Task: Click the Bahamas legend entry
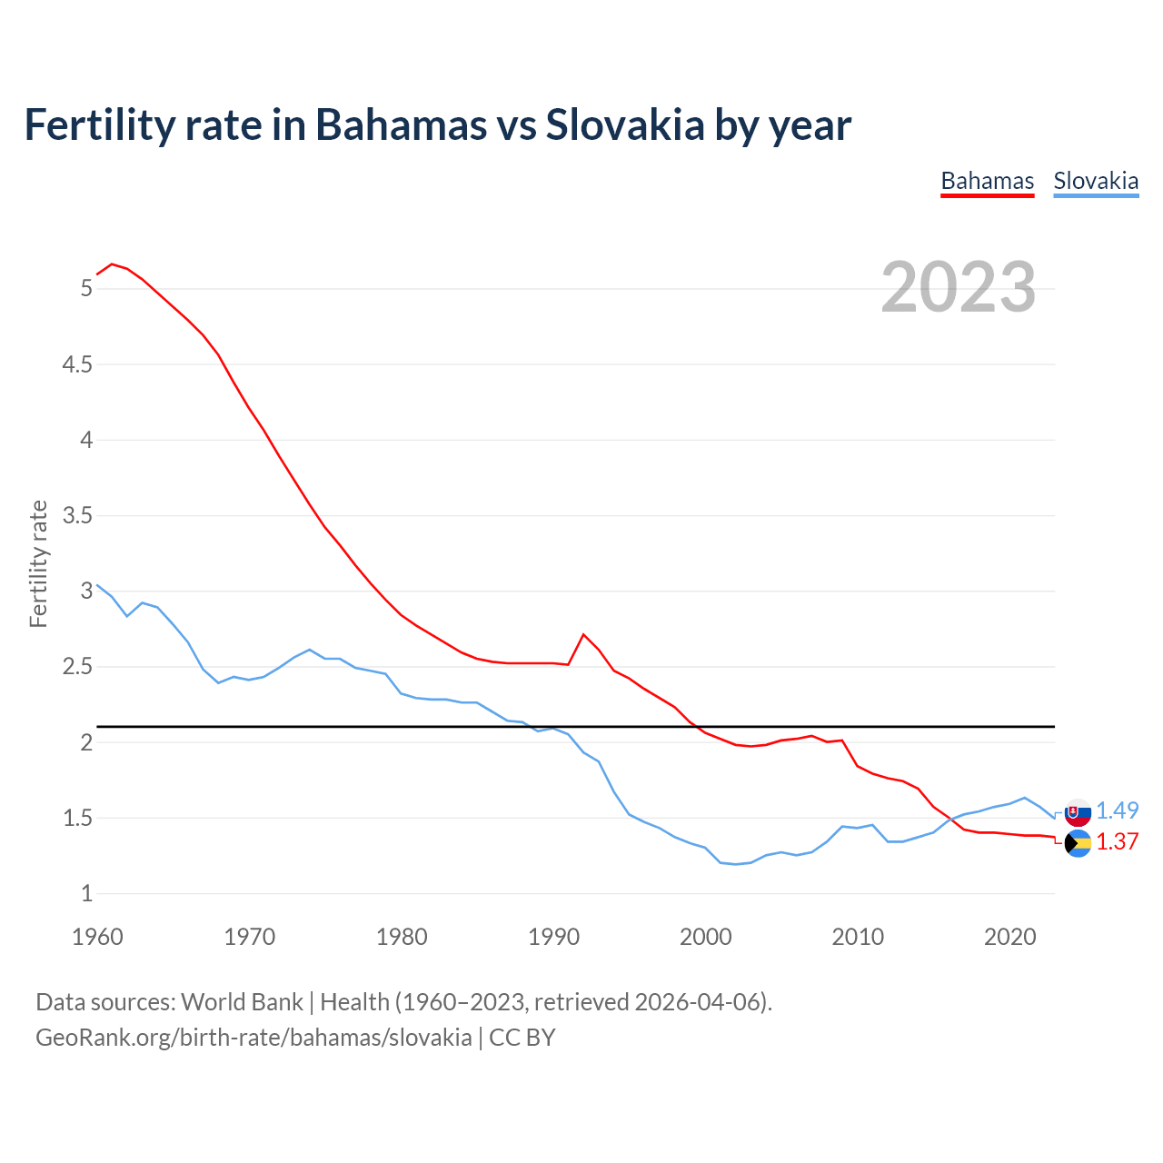point(987,181)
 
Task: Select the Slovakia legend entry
point(1096,181)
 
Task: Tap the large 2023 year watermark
point(958,287)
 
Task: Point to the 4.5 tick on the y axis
point(76,364)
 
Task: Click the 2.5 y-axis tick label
point(76,667)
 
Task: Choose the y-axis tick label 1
point(86,893)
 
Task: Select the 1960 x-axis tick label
point(97,936)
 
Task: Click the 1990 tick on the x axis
point(553,936)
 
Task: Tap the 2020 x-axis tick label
point(1009,936)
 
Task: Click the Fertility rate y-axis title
point(38,563)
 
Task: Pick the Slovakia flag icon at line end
point(1078,811)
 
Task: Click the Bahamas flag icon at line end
point(1078,843)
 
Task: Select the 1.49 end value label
point(1117,810)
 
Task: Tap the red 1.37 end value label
point(1117,841)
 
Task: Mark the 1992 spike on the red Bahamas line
point(583,634)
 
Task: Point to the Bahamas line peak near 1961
point(112,264)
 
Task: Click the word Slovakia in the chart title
point(624,124)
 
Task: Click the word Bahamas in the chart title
point(401,124)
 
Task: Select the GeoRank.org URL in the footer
point(253,1038)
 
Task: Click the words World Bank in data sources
point(242,1001)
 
